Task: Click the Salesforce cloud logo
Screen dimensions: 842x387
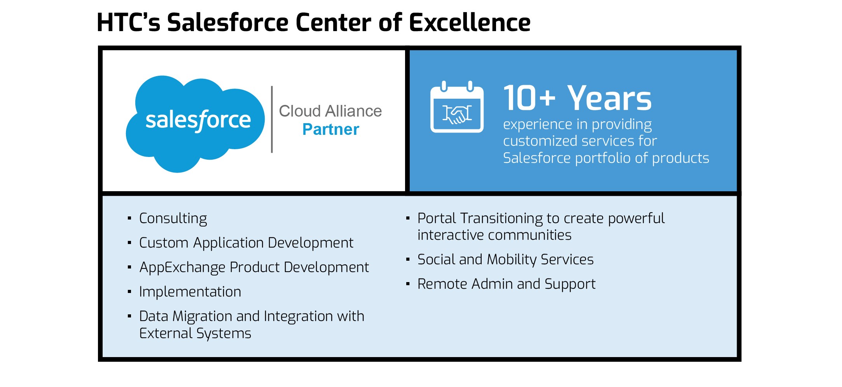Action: click(195, 124)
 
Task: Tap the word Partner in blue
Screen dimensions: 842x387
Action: click(331, 129)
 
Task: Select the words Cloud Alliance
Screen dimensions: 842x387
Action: click(330, 111)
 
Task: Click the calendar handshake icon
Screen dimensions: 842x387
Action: click(457, 107)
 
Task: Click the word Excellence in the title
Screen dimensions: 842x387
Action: click(470, 22)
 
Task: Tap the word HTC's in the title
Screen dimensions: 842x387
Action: click(128, 22)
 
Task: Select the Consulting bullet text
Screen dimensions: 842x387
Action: click(173, 219)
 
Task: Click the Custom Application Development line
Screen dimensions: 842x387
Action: click(246, 243)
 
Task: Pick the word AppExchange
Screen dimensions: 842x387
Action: click(182, 268)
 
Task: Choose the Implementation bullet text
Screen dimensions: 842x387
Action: click(190, 292)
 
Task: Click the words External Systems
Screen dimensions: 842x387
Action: click(195, 333)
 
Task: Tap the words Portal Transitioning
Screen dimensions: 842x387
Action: click(480, 219)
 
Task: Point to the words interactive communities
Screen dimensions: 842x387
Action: click(494, 235)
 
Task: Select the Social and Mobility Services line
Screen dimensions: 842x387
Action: click(505, 260)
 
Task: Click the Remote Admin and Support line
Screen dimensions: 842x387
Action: click(507, 284)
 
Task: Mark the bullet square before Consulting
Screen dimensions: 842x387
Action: click(129, 218)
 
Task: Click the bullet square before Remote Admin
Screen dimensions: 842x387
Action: click(408, 284)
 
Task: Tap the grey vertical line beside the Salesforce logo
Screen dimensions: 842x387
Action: click(272, 119)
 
